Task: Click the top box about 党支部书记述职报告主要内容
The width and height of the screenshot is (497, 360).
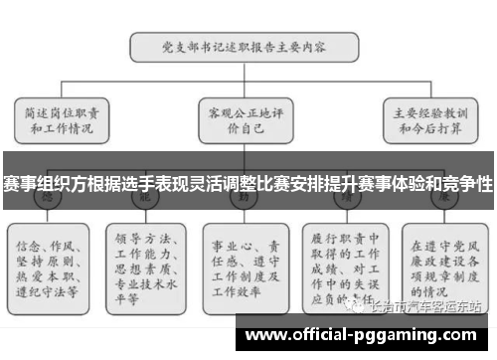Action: tap(245, 46)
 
